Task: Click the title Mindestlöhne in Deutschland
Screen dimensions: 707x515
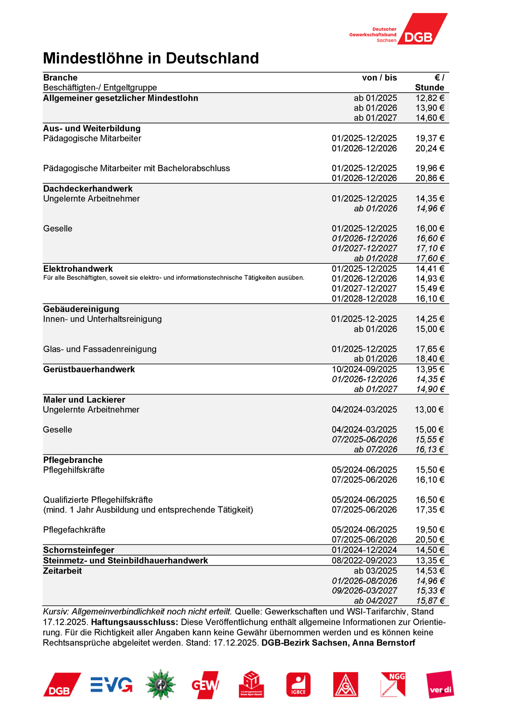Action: pos(151,58)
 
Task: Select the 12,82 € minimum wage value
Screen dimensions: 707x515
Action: pos(430,98)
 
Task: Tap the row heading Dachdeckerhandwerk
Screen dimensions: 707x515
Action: pos(88,189)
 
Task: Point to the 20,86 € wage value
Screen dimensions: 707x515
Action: pos(430,178)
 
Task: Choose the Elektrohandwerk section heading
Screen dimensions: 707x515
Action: pos(78,269)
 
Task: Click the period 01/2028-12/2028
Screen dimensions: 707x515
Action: pos(364,299)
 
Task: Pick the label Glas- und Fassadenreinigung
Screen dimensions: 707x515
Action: pos(100,349)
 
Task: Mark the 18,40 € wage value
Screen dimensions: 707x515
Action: pos(430,359)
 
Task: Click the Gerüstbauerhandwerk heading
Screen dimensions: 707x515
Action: pos(89,369)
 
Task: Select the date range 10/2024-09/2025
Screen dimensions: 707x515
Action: pos(364,369)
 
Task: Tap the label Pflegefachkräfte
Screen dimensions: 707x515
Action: pos(74,530)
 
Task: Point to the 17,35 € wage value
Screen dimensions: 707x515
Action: pos(430,510)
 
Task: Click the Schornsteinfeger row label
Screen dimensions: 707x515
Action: pos(79,550)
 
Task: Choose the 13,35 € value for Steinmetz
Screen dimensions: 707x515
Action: pos(430,561)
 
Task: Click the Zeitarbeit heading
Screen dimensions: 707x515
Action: pos(63,571)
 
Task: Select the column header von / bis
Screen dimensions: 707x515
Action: pos(379,78)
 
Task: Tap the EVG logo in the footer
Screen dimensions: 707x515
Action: pos(111,685)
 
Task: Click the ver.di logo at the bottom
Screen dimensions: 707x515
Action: pos(440,685)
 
